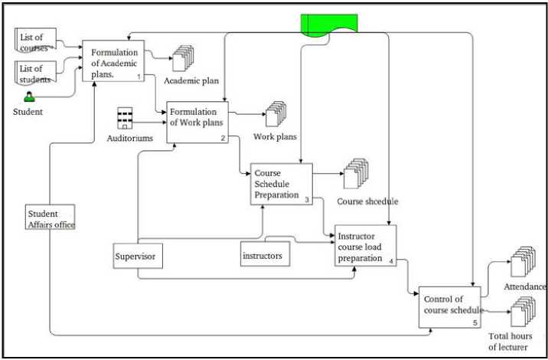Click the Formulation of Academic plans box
[113, 61]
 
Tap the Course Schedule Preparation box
[281, 185]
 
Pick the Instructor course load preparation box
[365, 246]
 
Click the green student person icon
[29, 97]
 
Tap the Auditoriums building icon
[126, 119]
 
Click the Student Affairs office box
[50, 219]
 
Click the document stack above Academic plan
[184, 59]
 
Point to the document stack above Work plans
[276, 114]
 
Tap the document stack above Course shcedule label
[357, 174]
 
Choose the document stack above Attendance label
[523, 262]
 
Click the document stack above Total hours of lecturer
[522, 313]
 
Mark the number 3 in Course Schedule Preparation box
[306, 200]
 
